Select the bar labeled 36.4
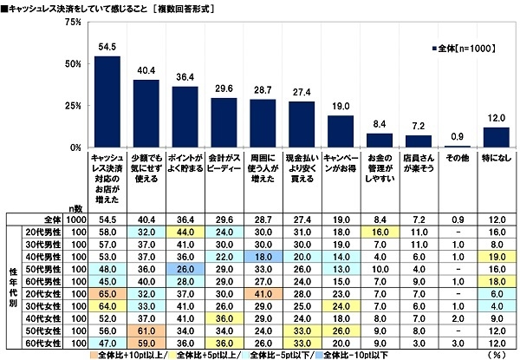tap(185, 117)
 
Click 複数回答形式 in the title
tap(218, 7)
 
